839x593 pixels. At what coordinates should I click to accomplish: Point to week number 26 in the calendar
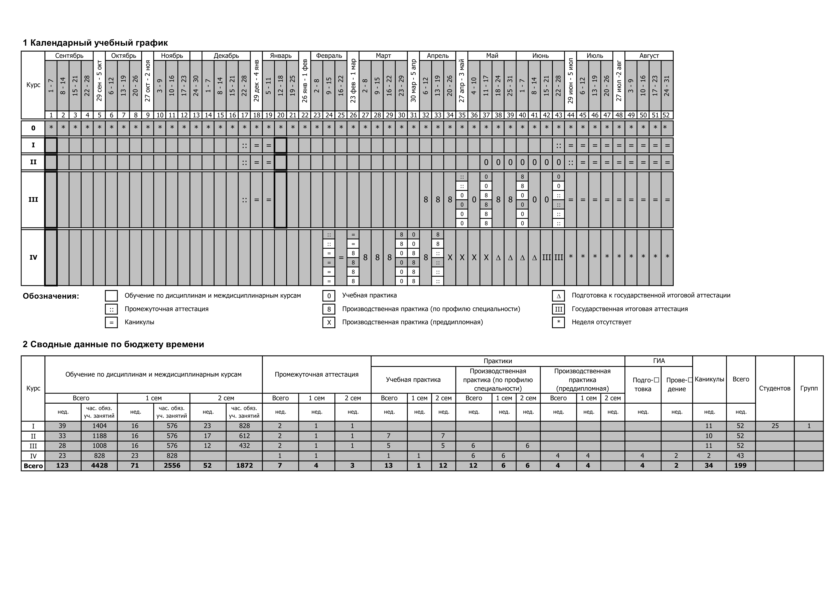(x=353, y=115)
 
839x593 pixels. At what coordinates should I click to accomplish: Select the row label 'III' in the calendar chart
(x=33, y=200)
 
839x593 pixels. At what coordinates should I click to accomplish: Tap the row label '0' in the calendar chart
(x=33, y=128)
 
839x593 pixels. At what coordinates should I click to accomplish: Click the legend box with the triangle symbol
(x=558, y=296)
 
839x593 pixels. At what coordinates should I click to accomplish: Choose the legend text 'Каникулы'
(x=139, y=322)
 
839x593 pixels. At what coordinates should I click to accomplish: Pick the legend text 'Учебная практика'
(x=369, y=295)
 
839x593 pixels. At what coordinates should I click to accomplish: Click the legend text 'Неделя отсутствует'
(x=601, y=322)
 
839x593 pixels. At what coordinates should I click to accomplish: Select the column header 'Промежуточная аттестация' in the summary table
(x=317, y=374)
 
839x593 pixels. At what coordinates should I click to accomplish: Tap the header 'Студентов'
(x=775, y=388)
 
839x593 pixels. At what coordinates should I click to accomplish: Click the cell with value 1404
(x=99, y=426)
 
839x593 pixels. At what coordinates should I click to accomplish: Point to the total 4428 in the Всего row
(x=99, y=466)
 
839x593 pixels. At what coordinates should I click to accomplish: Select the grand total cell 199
(x=740, y=466)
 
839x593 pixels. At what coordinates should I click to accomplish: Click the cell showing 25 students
(x=775, y=426)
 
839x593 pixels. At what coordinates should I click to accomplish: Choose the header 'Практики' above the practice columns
(x=498, y=361)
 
